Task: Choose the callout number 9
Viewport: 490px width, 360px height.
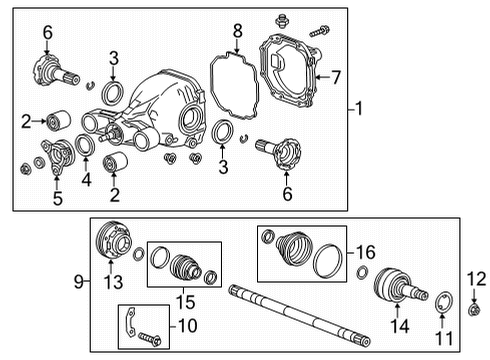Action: pyautogui.click(x=80, y=282)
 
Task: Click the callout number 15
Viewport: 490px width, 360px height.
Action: pyautogui.click(x=182, y=299)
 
